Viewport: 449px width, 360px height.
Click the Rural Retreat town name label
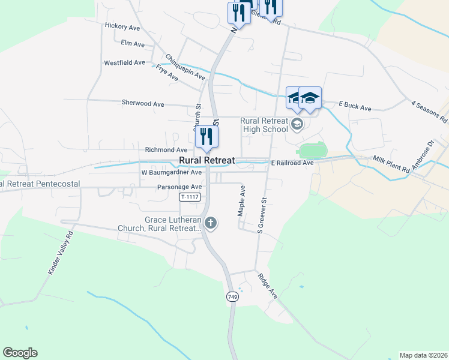[x=206, y=161]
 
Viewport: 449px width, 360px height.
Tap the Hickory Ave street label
[x=122, y=26]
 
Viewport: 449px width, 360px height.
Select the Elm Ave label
[x=133, y=44]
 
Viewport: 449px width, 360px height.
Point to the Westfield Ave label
[x=124, y=62]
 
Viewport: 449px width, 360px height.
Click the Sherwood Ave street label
[x=143, y=104]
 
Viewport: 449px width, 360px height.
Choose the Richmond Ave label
[x=166, y=149]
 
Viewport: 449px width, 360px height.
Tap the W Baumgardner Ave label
[x=171, y=172]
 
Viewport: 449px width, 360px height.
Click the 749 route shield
[x=232, y=297]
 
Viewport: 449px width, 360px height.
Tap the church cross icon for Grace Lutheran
[x=210, y=224]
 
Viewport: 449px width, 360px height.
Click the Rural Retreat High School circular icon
[x=296, y=124]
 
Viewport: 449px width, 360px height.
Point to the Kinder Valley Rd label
[x=61, y=253]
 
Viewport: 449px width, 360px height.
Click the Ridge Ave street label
[x=268, y=287]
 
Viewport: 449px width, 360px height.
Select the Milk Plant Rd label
[x=391, y=164]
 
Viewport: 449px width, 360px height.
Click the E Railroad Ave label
[x=292, y=163]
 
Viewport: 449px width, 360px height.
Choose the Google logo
[x=20, y=353]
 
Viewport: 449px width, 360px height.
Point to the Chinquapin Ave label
[x=185, y=67]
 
